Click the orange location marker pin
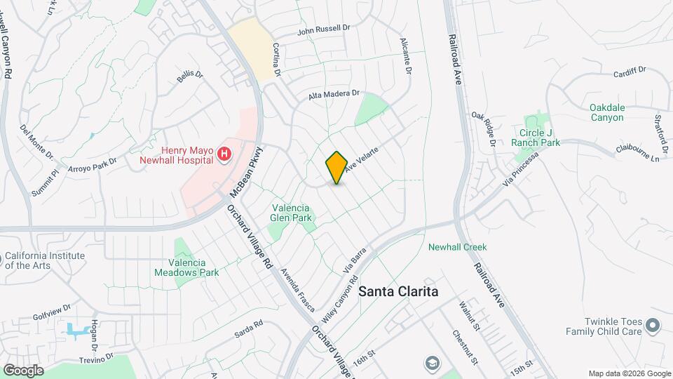click(336, 167)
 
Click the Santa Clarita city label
click(398, 291)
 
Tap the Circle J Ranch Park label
click(540, 138)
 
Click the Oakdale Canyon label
click(606, 112)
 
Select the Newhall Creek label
click(457, 247)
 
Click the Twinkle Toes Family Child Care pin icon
click(653, 324)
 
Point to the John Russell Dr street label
click(323, 29)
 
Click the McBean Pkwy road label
click(246, 171)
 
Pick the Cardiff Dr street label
click(629, 72)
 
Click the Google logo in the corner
click(23, 370)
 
